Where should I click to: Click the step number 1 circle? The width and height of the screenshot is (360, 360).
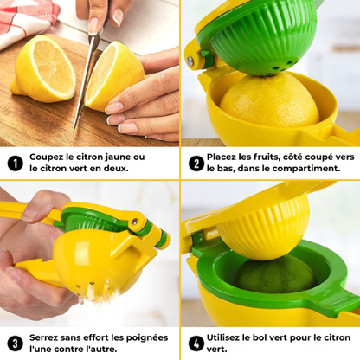pyautogui.click(x=15, y=163)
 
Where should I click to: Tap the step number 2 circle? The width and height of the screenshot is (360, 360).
pyautogui.click(x=196, y=163)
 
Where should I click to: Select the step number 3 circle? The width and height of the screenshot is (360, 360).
pyautogui.click(x=15, y=343)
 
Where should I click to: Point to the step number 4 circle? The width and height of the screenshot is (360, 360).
pyautogui.click(x=196, y=343)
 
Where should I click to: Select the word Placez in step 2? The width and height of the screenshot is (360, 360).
pyautogui.click(x=226, y=157)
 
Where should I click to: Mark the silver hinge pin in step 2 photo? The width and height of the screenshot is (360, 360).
pyautogui.click(x=190, y=61)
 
